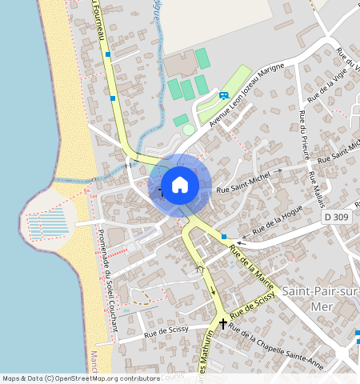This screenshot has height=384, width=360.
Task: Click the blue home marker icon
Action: (180, 185)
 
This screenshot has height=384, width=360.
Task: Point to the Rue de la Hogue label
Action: (278, 221)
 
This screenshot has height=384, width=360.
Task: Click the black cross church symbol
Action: (222, 323)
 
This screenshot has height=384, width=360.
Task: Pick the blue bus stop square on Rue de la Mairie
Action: (224, 236)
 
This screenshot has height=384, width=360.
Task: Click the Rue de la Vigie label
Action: (326, 86)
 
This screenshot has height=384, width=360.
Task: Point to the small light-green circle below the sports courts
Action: (188, 129)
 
